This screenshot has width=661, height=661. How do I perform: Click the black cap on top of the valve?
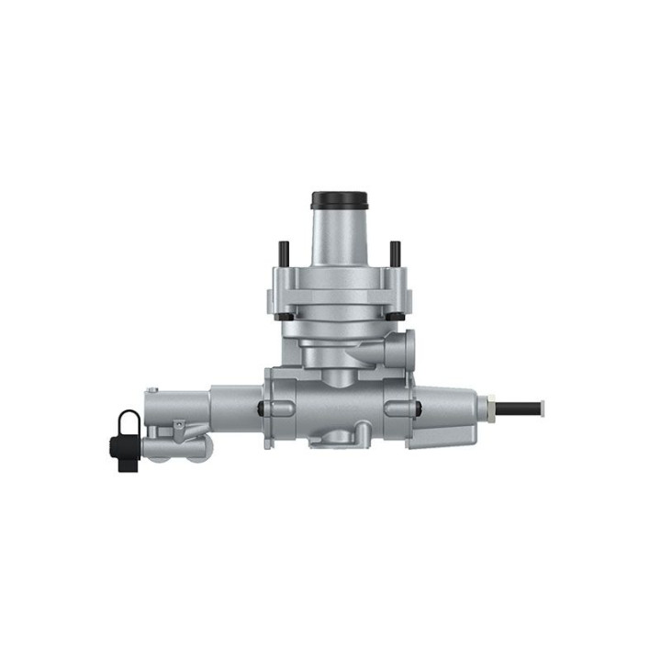coord(339,199)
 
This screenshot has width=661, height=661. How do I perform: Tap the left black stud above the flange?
coord(284,252)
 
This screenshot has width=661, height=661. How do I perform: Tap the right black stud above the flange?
coord(395,252)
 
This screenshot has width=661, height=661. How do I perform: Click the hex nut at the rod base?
coord(491,404)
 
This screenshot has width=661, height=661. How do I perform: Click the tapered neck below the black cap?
coord(339,237)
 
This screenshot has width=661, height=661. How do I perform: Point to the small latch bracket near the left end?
coord(178,427)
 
